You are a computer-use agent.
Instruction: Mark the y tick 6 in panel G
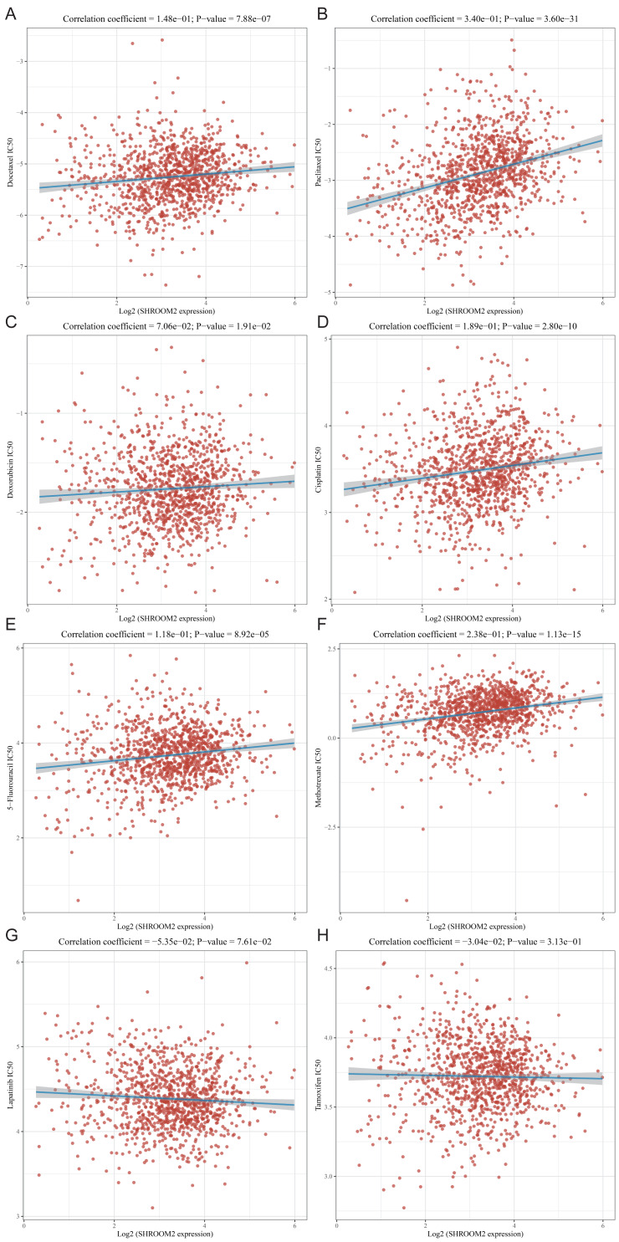23,962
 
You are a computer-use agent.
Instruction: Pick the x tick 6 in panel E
294,918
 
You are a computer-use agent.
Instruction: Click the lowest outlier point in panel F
407,900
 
